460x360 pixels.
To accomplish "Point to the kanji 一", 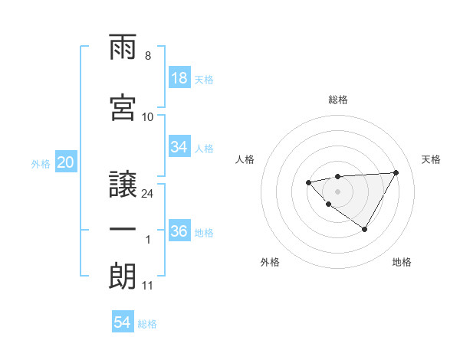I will click(123, 229).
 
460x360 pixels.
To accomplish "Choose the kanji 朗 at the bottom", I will click(123, 277).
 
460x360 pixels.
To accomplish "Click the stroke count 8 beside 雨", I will click(147, 57).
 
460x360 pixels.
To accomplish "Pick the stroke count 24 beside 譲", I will click(147, 193).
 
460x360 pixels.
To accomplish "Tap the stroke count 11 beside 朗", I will click(147, 286).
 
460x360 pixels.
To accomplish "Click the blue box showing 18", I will click(179, 79).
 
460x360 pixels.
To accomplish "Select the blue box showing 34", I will click(179, 147).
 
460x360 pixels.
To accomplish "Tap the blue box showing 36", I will click(179, 231).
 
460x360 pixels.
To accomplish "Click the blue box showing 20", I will click(66, 162).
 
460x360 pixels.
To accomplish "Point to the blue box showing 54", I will click(123, 323).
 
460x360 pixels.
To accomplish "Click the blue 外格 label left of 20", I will click(41, 163).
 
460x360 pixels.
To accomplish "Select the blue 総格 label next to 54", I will click(148, 324).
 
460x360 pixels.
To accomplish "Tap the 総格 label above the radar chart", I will click(338, 100).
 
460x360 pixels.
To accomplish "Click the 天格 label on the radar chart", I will click(432, 159).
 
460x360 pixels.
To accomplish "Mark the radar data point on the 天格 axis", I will click(396, 172).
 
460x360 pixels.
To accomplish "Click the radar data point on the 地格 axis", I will click(365, 229).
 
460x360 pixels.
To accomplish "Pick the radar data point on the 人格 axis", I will click(308, 182).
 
